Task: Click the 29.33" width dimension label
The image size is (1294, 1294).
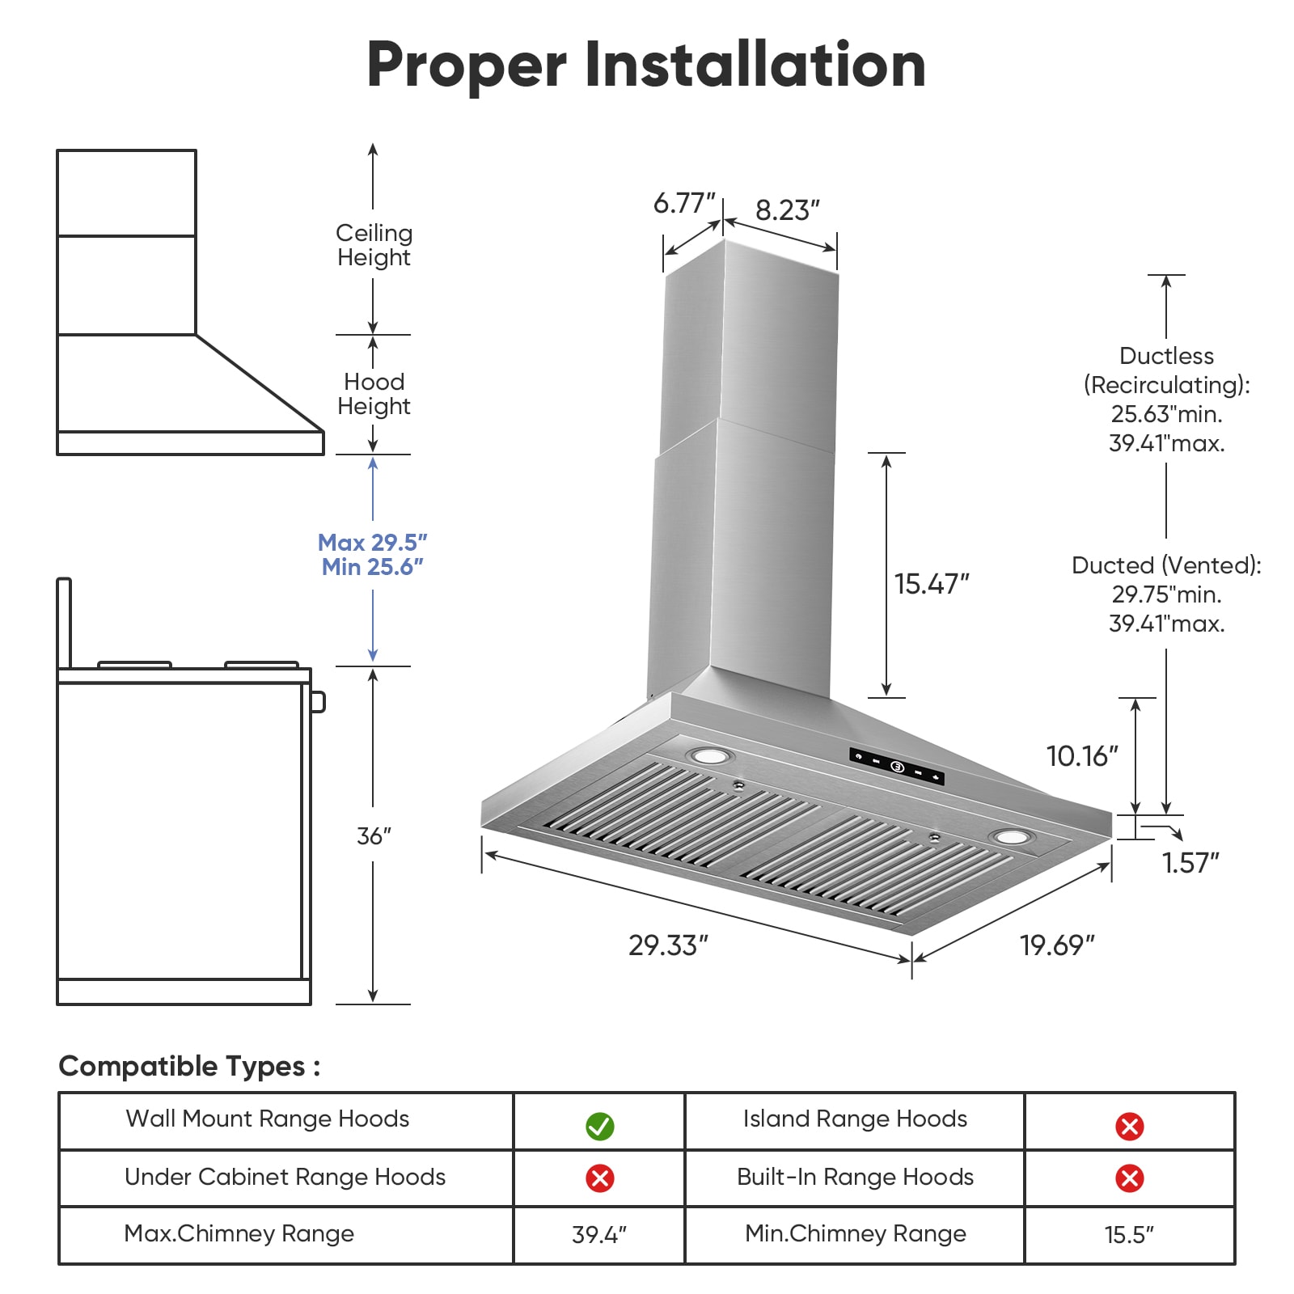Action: click(x=668, y=945)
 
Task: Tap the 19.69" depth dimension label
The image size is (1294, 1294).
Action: click(x=1057, y=945)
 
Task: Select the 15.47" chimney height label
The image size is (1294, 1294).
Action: click(x=932, y=583)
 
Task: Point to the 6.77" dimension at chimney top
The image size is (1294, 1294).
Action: click(x=684, y=203)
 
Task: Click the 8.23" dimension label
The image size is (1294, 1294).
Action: click(x=788, y=210)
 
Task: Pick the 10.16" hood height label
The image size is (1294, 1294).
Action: click(x=1082, y=756)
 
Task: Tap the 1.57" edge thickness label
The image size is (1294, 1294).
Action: click(x=1190, y=863)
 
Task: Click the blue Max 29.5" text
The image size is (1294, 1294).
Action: click(x=373, y=542)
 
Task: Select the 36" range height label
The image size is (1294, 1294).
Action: click(x=374, y=835)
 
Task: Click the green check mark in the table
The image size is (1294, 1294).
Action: click(x=600, y=1126)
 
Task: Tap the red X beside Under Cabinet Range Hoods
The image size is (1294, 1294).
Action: click(x=600, y=1178)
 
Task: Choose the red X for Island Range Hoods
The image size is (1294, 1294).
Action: click(x=1130, y=1126)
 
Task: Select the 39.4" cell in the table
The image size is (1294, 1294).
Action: click(x=599, y=1235)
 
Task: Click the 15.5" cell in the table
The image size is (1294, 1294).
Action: click(x=1130, y=1235)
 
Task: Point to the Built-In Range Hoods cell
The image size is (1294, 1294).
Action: click(x=855, y=1178)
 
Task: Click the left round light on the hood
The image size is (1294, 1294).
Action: click(x=709, y=757)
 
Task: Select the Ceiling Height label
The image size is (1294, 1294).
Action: click(x=374, y=245)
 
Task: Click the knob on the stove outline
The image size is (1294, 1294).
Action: click(x=319, y=701)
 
